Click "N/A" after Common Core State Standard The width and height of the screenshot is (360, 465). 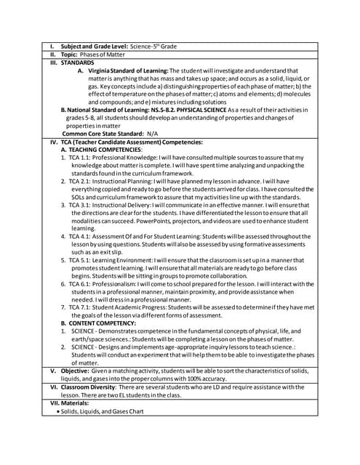click(152, 134)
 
